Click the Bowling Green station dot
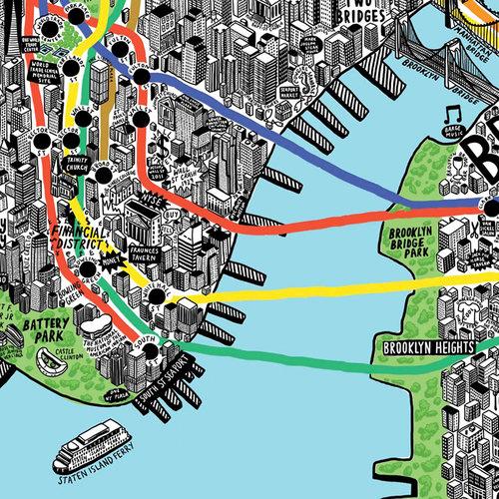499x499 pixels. (x=89, y=269)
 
